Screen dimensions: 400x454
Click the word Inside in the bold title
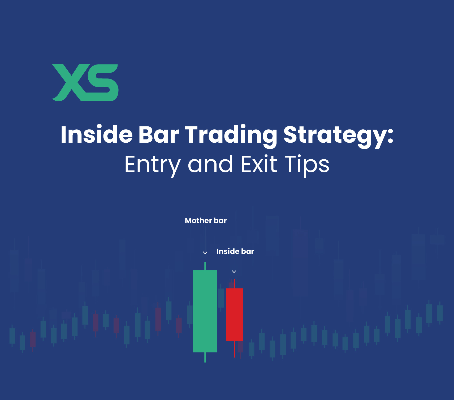click(97, 135)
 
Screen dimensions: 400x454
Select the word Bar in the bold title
click(158, 135)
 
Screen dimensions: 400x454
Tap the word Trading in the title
click(231, 135)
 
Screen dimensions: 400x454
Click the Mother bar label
click(206, 221)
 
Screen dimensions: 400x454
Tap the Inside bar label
click(235, 251)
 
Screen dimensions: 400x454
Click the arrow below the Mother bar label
click(205, 240)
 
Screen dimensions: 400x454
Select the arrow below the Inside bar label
click(234, 265)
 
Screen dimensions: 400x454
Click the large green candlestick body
click(205, 311)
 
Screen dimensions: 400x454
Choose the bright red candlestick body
click(234, 315)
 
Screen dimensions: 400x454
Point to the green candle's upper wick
click(205, 266)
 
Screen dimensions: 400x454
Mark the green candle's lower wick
click(205, 357)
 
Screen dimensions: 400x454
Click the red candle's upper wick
click(235, 284)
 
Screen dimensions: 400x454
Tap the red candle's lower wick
click(235, 349)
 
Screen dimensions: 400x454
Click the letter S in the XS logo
click(102, 83)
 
